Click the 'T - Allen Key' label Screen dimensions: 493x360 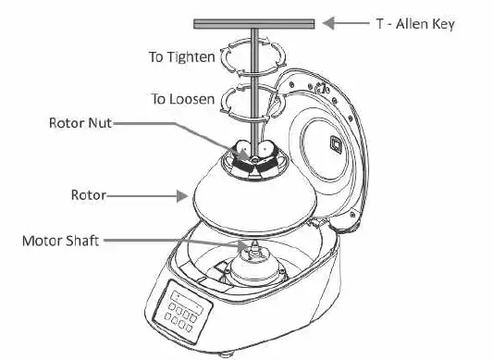tap(415, 24)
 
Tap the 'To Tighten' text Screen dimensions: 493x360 tap(182, 57)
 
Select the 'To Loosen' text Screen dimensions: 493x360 tap(182, 99)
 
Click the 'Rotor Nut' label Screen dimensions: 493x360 tap(80, 123)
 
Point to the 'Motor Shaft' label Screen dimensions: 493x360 tap(61, 241)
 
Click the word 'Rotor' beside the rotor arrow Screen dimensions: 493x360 tap(89, 195)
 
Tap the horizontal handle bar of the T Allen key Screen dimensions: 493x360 tap(254, 24)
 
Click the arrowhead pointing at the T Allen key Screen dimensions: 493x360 tap(328, 23)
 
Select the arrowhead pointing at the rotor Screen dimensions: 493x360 tap(182, 196)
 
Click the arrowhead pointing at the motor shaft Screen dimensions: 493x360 tap(243, 246)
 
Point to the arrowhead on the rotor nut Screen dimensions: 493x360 tap(243, 155)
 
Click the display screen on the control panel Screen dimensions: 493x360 tap(187, 302)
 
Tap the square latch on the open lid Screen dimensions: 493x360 tap(336, 144)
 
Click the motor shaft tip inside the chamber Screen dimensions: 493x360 tap(254, 244)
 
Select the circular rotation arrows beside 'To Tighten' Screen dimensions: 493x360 tap(253, 57)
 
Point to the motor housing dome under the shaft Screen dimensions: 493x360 tap(254, 269)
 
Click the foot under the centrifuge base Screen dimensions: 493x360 tap(225, 355)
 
